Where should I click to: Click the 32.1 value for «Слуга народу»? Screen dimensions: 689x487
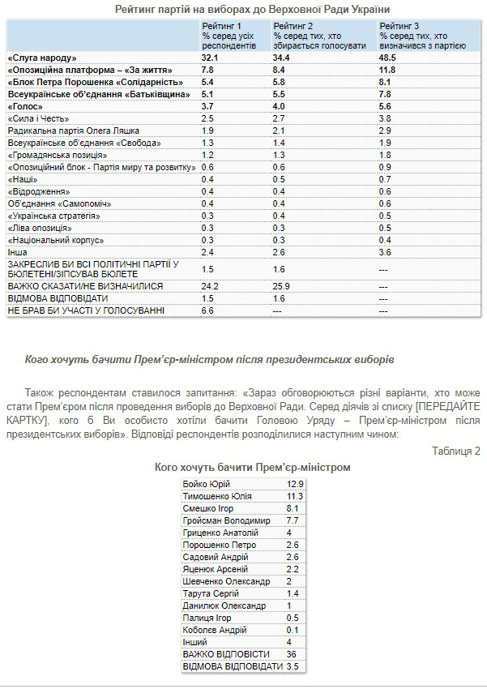pos(211,58)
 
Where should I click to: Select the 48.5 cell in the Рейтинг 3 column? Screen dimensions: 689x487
pos(389,58)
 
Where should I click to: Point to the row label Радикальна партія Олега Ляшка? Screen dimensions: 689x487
pos(74,131)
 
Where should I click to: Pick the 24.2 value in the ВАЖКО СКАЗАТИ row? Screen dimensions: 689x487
pos(211,286)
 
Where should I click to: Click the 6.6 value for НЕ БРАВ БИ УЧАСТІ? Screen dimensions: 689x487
pos(207,310)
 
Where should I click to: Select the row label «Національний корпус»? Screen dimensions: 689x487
pos(54,240)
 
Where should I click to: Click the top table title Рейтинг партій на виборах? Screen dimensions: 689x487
pos(241,9)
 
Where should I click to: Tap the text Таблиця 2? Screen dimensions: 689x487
pos(456,451)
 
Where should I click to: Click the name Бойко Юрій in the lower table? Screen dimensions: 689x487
pos(208,484)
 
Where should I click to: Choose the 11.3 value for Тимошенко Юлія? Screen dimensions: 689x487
pos(294,496)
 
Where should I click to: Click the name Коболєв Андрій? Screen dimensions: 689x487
pos(215,630)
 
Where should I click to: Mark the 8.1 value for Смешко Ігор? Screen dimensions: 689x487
pos(293,508)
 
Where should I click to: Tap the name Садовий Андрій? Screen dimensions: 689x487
pos(215,557)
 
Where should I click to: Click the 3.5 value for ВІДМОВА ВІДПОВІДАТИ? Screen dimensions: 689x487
pos(293,666)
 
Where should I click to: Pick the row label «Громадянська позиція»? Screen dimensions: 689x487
pos(57,155)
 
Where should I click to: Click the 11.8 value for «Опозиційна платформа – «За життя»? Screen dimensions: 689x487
pos(389,71)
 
